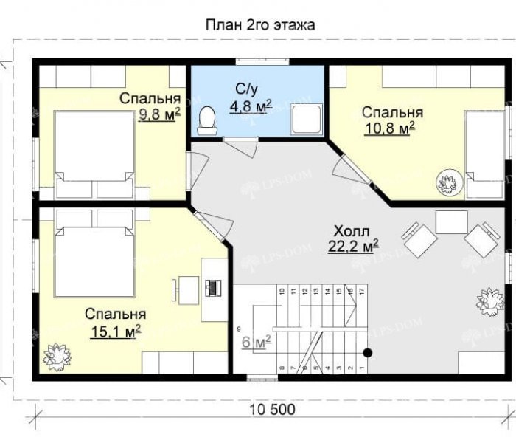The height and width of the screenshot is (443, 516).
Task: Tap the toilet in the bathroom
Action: click(208, 121)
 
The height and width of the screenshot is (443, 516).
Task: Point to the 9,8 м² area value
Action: click(159, 114)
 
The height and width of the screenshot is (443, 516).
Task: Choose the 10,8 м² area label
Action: click(389, 128)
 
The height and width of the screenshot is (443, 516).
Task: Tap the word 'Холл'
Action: click(352, 230)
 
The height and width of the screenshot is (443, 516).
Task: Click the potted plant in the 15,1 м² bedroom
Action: click(55, 357)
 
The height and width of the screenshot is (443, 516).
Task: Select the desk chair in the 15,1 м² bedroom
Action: click(183, 288)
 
